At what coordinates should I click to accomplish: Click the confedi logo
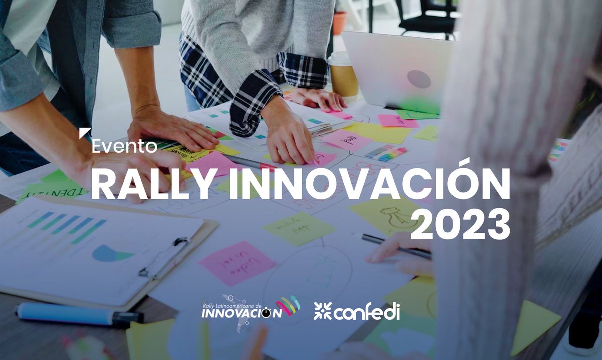357,311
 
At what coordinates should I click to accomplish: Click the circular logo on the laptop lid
419,79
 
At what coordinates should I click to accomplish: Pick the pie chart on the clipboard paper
112,253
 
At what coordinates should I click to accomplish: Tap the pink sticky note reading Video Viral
237,262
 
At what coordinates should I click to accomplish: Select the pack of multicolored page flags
386,153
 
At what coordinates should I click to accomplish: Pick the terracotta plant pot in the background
340,23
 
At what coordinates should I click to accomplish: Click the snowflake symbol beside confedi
322,311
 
